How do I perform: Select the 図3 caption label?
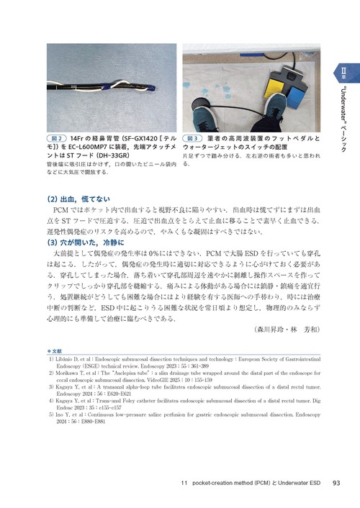(193, 137)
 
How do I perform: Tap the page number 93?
(336, 483)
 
